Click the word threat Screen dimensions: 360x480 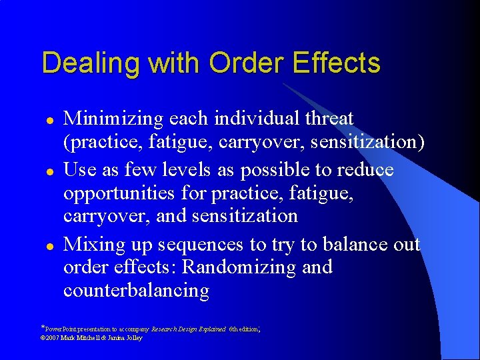point(329,119)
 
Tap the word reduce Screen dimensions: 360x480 point(366,169)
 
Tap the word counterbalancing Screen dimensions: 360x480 point(136,291)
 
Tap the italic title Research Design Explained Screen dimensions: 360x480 point(189,329)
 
